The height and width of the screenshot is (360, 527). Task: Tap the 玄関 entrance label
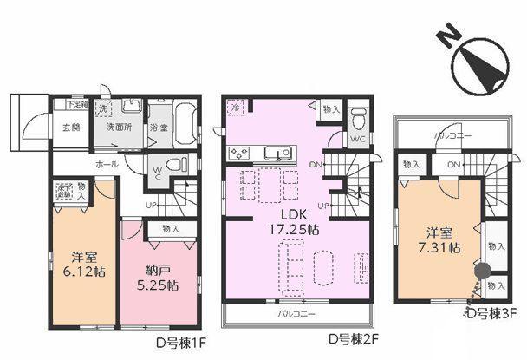[x=71, y=128]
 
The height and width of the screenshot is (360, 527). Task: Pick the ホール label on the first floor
[x=107, y=163]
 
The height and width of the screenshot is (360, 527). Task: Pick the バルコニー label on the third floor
[x=450, y=135]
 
